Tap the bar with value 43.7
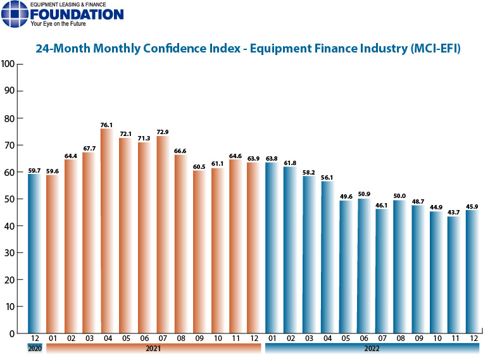[x=453, y=275]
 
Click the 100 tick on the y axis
[x=8, y=64]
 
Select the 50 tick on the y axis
[x=10, y=199]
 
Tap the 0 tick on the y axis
[x=13, y=333]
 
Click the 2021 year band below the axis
[x=153, y=349]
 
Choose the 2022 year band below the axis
[x=372, y=349]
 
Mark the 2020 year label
[x=35, y=349]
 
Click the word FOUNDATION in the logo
[x=77, y=14]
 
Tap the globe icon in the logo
[x=14, y=15]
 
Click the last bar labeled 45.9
[x=472, y=271]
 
